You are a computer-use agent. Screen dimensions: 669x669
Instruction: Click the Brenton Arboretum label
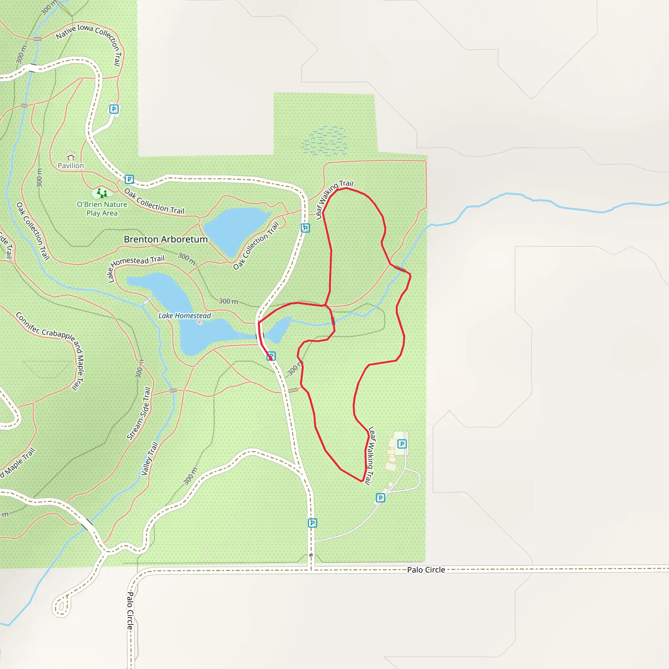[166, 239]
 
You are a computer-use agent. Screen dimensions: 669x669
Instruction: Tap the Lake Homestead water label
[185, 316]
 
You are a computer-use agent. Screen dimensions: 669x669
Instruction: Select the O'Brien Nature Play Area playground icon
[102, 193]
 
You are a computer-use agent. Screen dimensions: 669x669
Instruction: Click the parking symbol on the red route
[271, 356]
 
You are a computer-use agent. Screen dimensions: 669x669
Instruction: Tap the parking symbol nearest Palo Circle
[312, 523]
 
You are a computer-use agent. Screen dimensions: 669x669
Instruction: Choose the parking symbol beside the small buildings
[402, 444]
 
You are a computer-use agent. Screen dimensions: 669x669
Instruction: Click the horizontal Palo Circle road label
[426, 570]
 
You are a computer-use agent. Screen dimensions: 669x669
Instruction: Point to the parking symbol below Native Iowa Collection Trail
[114, 109]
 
